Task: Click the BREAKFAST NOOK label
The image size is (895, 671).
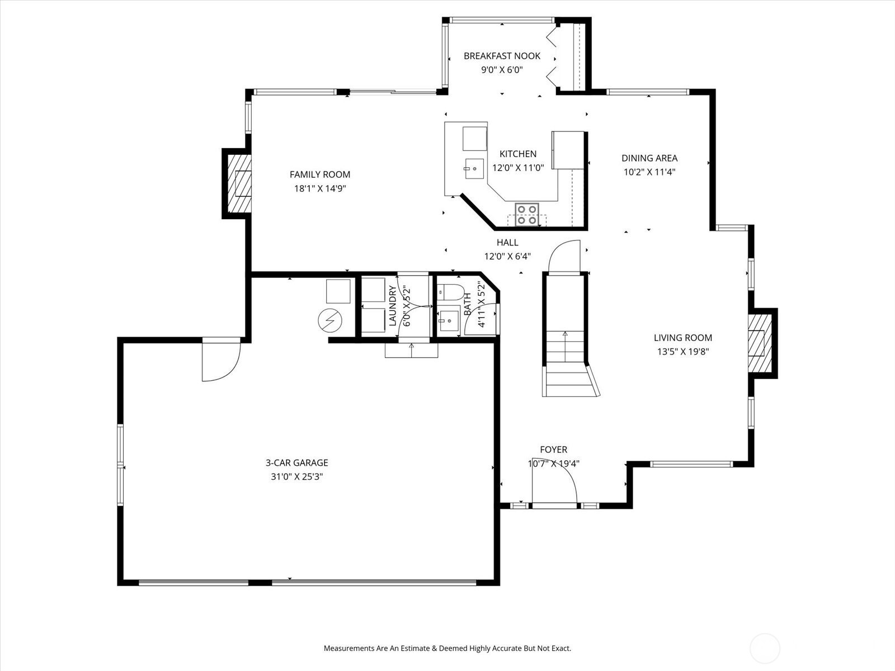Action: click(502, 56)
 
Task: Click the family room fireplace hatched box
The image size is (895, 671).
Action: click(237, 183)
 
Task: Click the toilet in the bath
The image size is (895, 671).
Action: click(451, 292)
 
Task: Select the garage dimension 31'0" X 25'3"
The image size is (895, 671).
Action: click(296, 477)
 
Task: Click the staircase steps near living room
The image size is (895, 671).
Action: click(566, 363)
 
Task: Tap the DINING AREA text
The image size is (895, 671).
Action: click(649, 158)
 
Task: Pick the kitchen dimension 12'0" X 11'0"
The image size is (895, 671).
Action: click(518, 168)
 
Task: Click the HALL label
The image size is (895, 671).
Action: click(507, 243)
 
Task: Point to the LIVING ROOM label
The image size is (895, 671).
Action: click(683, 338)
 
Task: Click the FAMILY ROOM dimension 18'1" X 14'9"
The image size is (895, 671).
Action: click(320, 189)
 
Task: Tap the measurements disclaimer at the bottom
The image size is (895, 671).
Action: click(447, 649)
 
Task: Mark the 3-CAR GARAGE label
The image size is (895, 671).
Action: click(296, 463)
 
